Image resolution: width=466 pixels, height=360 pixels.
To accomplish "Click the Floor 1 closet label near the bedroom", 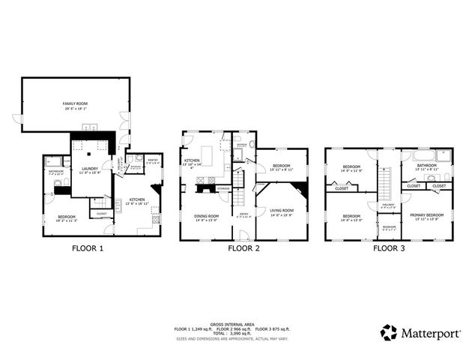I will click(102, 214).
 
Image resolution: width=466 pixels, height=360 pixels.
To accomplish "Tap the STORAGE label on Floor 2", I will click(223, 188).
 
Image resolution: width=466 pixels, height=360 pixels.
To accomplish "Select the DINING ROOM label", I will click(206, 216).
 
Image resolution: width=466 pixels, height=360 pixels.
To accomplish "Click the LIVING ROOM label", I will click(282, 211).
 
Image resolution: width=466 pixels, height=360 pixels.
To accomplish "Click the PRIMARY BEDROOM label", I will click(426, 214).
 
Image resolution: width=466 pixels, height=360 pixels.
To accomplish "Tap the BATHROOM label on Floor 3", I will click(426, 166).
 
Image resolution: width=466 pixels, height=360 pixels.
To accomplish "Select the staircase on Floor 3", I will click(387, 181).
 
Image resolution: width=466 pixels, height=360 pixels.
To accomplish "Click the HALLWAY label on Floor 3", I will click(388, 204).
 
